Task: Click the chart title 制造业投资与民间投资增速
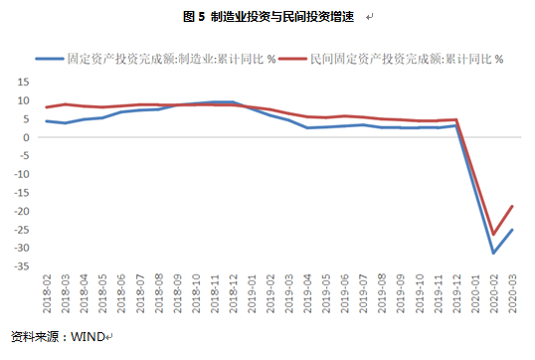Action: (x=282, y=17)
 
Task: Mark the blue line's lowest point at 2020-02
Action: (x=492, y=253)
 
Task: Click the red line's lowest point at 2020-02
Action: (x=492, y=235)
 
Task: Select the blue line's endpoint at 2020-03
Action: (x=511, y=230)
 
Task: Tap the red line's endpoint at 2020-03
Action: (x=511, y=206)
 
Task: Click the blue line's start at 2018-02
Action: (x=47, y=121)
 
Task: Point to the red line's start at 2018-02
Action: (x=47, y=107)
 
